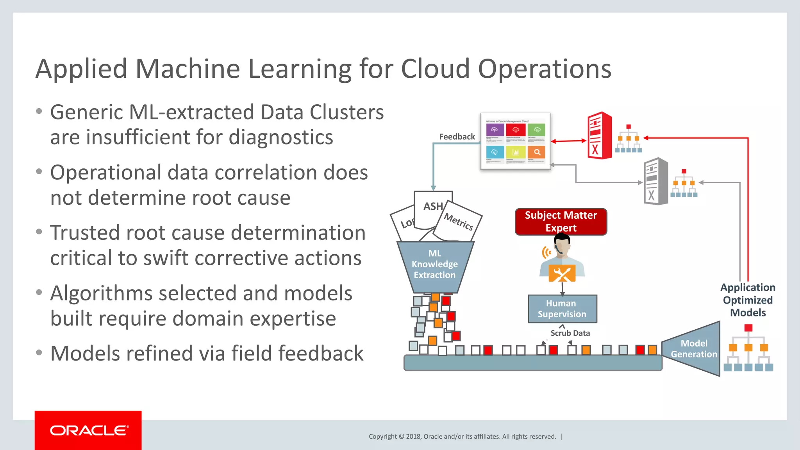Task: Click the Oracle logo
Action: (x=88, y=430)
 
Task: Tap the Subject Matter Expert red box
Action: (x=561, y=221)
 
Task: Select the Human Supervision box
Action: (x=562, y=309)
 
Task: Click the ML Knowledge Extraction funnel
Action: (x=435, y=266)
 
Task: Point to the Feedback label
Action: (x=457, y=137)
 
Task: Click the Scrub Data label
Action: (x=570, y=333)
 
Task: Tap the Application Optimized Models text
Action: (x=748, y=300)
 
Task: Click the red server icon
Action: (x=599, y=136)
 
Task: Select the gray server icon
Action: (x=656, y=181)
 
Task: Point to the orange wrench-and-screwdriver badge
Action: (x=562, y=273)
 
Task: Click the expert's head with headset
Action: (x=562, y=245)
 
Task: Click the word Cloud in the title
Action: (x=435, y=69)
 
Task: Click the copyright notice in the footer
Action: (x=462, y=436)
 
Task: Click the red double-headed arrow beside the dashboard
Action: (x=569, y=141)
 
